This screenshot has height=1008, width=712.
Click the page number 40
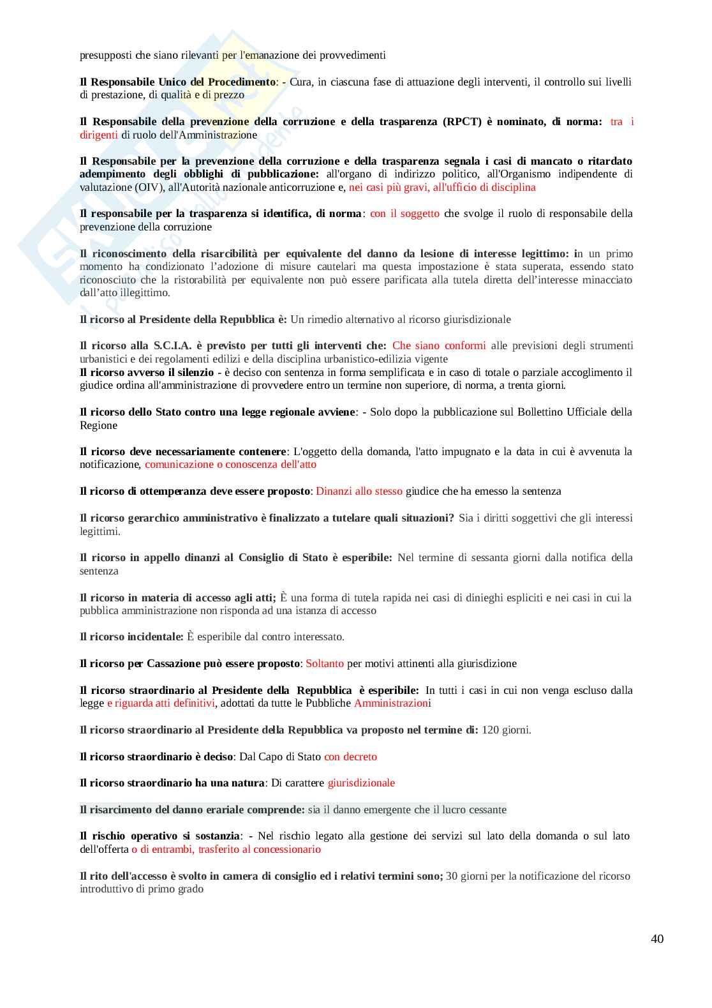(657, 938)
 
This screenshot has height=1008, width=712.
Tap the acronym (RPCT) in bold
(462, 121)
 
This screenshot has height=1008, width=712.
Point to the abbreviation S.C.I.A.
(172, 345)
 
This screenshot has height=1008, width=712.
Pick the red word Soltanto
(325, 663)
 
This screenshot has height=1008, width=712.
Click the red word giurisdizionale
(361, 783)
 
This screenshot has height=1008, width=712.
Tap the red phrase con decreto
(350, 756)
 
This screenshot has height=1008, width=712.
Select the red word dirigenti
(99, 135)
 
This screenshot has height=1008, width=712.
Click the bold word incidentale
(154, 636)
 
